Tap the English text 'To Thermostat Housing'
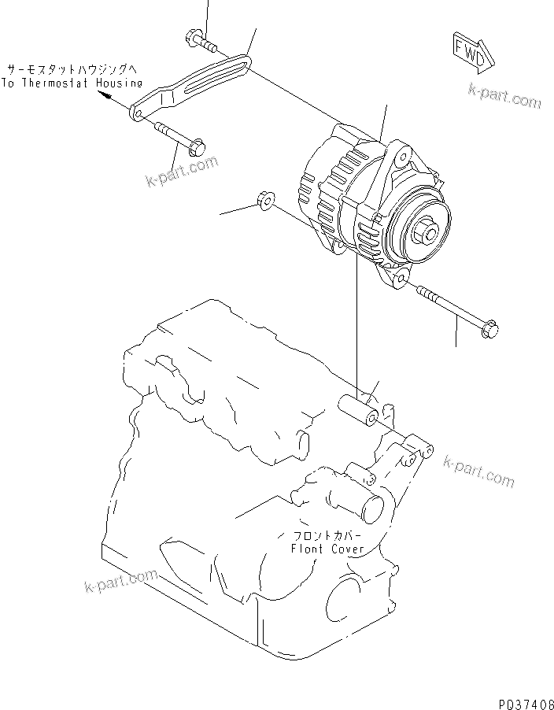[x=72, y=82]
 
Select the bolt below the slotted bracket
[x=178, y=136]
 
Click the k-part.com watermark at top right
[x=504, y=98]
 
